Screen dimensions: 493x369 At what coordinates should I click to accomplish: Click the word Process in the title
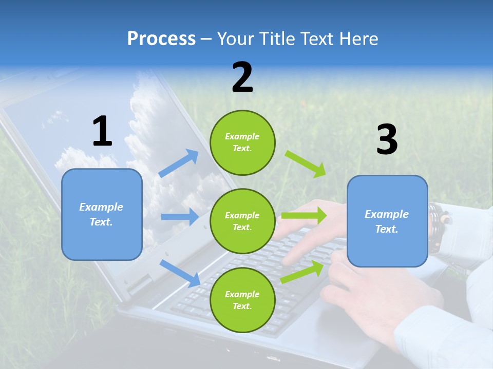(x=161, y=38)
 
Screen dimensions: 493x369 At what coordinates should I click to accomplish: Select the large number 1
(x=103, y=131)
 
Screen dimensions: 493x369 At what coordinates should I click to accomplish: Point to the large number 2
(x=242, y=77)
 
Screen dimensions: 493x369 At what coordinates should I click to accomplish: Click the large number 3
(x=387, y=139)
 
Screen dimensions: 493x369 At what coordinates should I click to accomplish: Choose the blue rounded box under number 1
(x=102, y=215)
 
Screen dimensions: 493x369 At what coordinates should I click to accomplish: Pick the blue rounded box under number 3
(x=387, y=221)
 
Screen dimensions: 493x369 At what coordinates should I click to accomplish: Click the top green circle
(x=242, y=142)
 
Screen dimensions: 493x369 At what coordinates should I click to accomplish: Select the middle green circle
(x=242, y=221)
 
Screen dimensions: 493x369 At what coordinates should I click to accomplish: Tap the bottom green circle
(x=242, y=300)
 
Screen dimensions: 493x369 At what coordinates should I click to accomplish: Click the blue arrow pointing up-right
(x=178, y=163)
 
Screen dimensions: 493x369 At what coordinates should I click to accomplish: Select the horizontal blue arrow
(x=180, y=216)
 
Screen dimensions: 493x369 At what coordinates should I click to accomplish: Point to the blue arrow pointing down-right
(x=180, y=273)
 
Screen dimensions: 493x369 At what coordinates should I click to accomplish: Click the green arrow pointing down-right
(x=305, y=164)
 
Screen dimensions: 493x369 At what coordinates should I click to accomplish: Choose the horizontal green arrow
(x=304, y=215)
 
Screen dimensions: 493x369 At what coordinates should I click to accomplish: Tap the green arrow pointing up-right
(x=302, y=272)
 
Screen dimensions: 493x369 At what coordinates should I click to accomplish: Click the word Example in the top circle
(x=242, y=136)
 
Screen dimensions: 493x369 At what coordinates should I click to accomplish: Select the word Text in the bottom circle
(x=241, y=306)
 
